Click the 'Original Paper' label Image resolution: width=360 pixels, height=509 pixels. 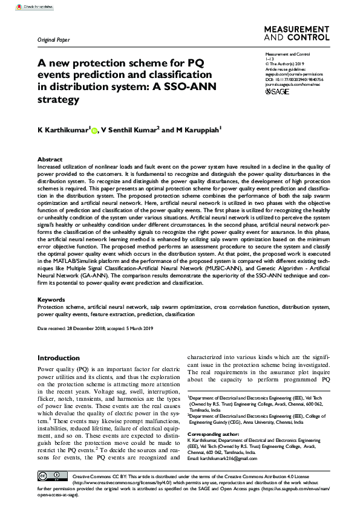point(54,41)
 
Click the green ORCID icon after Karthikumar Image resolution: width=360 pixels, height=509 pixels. point(94,129)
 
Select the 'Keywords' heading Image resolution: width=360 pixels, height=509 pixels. point(51,299)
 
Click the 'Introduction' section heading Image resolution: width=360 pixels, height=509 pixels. point(59,358)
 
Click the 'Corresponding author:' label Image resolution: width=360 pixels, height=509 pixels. point(214,435)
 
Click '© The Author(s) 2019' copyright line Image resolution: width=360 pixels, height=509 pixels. point(287,63)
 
